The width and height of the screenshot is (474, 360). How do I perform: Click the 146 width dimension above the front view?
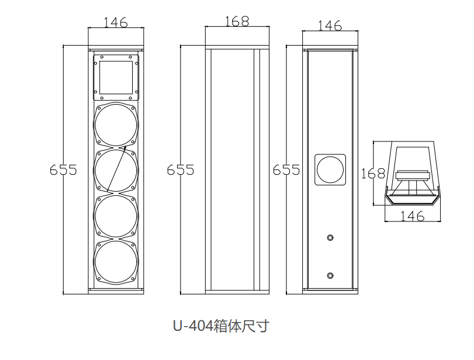(115, 22)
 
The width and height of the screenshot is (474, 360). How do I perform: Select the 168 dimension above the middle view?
(236, 21)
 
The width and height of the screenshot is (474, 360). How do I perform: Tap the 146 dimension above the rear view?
(330, 25)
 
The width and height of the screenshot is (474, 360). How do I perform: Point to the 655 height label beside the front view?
(63, 170)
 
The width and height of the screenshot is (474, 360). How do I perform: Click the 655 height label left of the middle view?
(181, 170)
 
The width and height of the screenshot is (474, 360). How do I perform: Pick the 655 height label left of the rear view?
(286, 170)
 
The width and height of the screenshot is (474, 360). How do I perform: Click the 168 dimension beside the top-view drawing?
(372, 174)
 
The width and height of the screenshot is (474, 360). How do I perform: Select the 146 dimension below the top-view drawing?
(413, 216)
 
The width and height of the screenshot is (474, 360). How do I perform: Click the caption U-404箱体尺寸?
(220, 326)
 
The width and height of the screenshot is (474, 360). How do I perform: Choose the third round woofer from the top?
(116, 217)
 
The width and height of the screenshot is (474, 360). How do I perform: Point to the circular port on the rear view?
(330, 170)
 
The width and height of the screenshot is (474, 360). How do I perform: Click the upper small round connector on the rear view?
(331, 238)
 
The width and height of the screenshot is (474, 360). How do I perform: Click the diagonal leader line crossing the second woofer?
(116, 169)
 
